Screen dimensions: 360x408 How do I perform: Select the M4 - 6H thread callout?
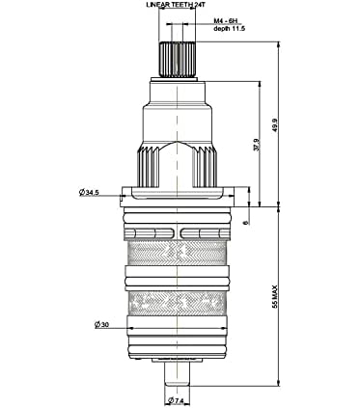(226, 21)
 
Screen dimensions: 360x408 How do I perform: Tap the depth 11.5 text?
(230, 29)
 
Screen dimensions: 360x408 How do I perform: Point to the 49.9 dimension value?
(275, 125)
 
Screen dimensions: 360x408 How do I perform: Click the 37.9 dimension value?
(257, 145)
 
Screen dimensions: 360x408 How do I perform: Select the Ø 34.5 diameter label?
(89, 193)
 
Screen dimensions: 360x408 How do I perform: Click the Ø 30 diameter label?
(101, 325)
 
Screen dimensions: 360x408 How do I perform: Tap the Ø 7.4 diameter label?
(176, 400)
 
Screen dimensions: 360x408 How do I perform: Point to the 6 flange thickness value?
(247, 222)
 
